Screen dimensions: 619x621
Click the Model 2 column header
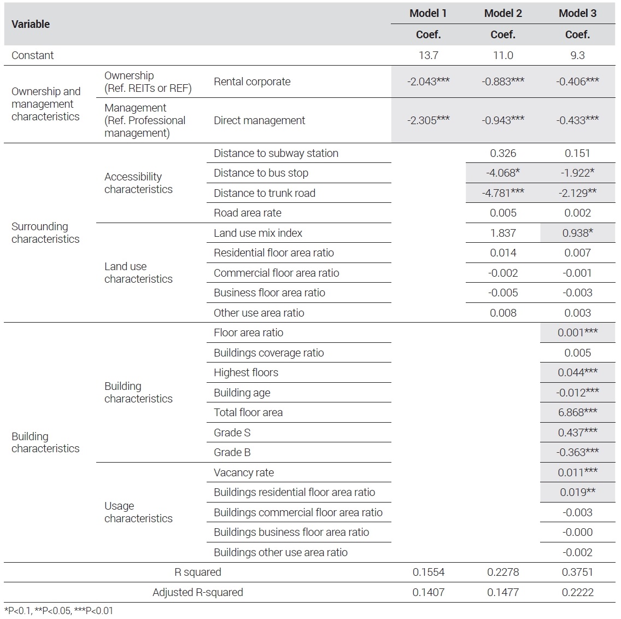503,14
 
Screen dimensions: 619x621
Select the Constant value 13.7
428,55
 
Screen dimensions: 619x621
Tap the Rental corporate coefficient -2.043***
428,81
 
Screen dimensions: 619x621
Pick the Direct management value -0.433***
577,120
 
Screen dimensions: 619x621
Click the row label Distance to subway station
276,153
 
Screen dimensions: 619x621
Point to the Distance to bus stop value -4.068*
503,173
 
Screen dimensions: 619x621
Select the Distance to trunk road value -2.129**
577,193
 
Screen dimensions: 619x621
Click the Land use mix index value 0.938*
577,233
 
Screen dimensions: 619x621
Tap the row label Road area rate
248,213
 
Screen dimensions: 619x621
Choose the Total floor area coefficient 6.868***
577,412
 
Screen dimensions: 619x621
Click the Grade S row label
232,433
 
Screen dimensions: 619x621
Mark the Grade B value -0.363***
577,452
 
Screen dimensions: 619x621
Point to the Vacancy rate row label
244,472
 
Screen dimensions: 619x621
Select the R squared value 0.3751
577,572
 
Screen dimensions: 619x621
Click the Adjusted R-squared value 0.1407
428,592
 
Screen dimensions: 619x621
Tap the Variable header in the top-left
31,24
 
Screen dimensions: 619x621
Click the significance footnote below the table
58,611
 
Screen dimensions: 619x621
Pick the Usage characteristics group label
138,512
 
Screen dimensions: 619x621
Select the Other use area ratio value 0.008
503,313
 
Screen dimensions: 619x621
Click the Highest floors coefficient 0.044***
577,372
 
